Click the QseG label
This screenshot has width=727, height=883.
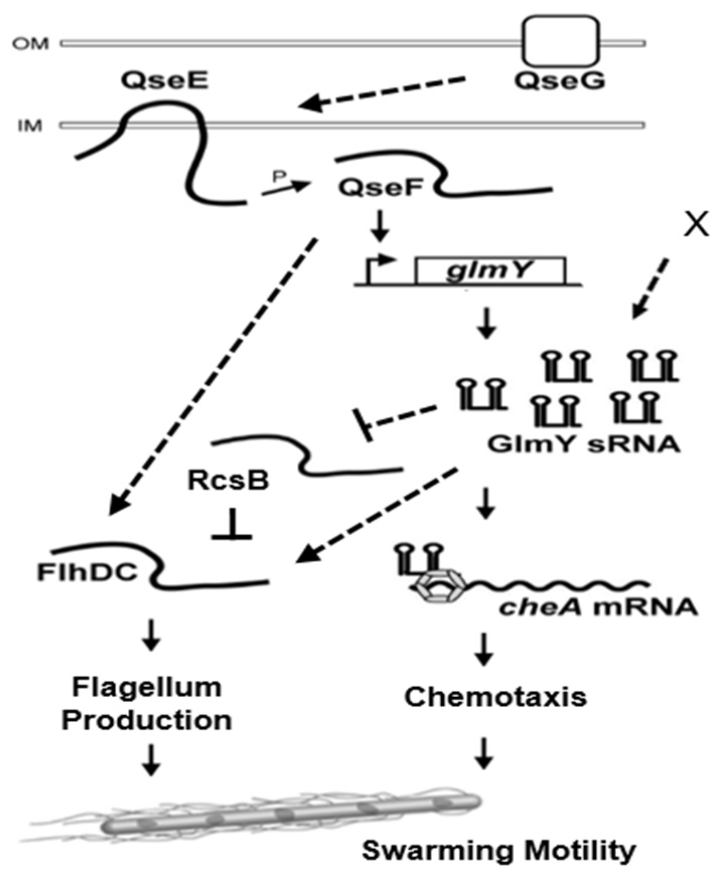point(559,81)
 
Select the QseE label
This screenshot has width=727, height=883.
point(165,80)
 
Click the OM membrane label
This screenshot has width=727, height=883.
point(31,44)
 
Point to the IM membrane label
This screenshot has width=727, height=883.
point(30,125)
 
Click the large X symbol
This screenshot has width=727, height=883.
point(696,224)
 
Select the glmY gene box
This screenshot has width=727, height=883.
point(490,271)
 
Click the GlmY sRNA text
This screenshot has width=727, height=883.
point(584,444)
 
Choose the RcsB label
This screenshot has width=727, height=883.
point(228,480)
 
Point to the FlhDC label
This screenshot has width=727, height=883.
point(87,572)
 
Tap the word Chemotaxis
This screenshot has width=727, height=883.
point(496,697)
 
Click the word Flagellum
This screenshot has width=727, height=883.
point(146,687)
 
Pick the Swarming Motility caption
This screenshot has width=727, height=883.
point(499,851)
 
